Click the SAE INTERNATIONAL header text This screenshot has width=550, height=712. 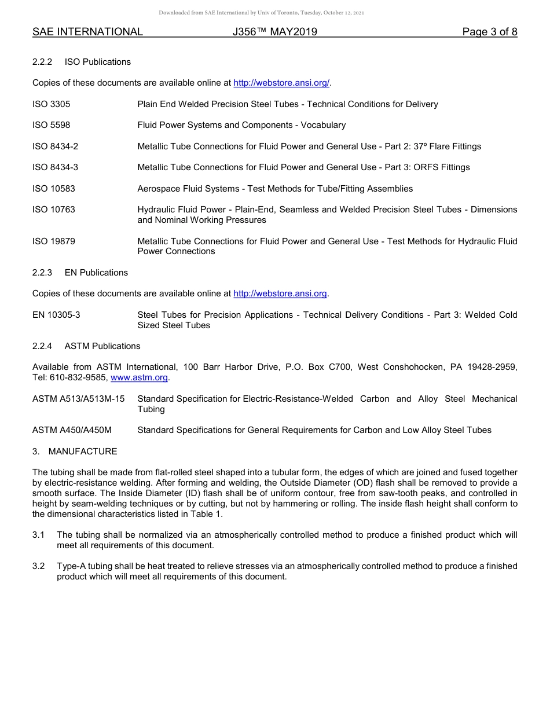pos(87,32)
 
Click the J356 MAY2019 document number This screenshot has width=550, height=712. pos(274,32)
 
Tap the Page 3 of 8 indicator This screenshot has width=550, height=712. pos(489,32)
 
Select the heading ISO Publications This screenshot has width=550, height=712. pos(97,62)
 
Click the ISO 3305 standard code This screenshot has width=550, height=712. pos(51,104)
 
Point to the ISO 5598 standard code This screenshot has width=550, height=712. pos(51,125)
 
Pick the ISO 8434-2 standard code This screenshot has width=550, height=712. pos(55,146)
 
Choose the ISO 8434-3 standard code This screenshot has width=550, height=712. pos(55,167)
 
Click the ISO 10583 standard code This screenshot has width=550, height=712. pos(53,189)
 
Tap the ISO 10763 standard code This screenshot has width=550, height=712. pos(53,210)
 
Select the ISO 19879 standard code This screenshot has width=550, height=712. pos(53,241)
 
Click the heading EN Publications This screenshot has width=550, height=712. pos(96,273)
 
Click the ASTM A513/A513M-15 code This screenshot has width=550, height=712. pos(78,399)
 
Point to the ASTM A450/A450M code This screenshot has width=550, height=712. pos(72,430)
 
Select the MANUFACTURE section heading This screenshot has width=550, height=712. pos(82,452)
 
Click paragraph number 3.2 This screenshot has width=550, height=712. pos(38,566)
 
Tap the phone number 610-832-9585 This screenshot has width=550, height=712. pos(83,377)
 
